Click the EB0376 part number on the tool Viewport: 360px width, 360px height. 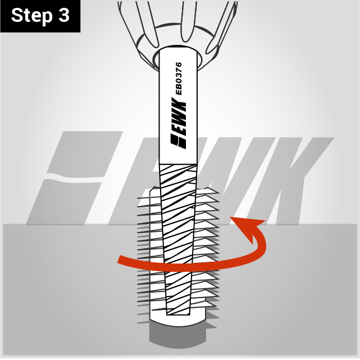click(x=179, y=78)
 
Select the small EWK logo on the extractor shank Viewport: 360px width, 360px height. click(x=179, y=124)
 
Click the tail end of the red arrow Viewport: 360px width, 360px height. click(x=119, y=259)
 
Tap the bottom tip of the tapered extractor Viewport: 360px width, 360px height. click(x=178, y=313)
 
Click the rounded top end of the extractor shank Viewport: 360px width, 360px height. click(x=178, y=48)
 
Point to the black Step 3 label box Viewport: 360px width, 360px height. click(x=40, y=16)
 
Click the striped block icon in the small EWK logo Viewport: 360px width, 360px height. click(x=179, y=142)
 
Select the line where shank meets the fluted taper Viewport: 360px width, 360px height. click(x=178, y=164)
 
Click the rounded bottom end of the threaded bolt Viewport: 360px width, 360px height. click(x=177, y=322)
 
